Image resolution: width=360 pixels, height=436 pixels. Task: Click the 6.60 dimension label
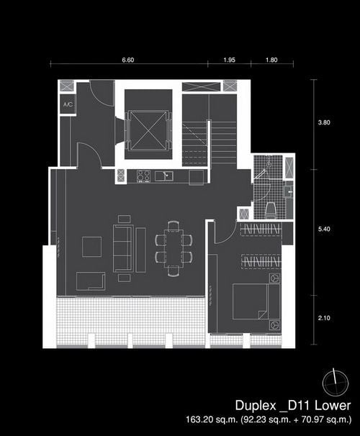(128, 60)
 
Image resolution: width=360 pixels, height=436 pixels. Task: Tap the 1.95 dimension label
(229, 60)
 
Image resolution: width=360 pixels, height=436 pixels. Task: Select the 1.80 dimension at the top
(271, 60)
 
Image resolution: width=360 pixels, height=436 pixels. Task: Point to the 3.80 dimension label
(324, 122)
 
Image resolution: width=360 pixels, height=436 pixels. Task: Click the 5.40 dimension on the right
(324, 229)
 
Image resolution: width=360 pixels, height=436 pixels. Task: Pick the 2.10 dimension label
(324, 318)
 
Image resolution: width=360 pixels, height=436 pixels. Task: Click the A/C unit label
(68, 104)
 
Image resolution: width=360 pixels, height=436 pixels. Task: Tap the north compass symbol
(336, 383)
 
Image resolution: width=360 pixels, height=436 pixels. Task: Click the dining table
(174, 248)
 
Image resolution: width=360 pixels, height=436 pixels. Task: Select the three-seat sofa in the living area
(122, 249)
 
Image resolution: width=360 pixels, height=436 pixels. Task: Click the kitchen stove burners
(143, 176)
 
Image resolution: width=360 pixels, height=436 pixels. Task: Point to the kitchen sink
(164, 176)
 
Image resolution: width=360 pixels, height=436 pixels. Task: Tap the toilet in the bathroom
(271, 210)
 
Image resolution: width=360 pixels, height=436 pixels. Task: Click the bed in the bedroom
(256, 301)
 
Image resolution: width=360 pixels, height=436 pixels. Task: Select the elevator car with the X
(146, 131)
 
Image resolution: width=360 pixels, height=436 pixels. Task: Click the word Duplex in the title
(255, 406)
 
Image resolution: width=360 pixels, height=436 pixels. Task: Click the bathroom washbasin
(288, 192)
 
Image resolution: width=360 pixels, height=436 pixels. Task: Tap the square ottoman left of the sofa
(92, 247)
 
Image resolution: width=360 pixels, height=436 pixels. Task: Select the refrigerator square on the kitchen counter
(196, 178)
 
